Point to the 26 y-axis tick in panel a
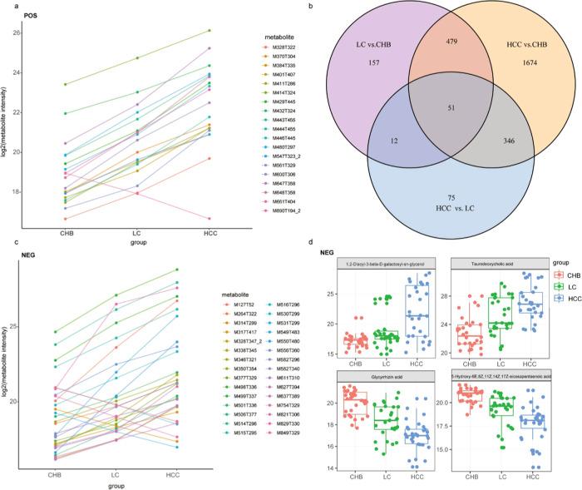click(15, 32)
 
